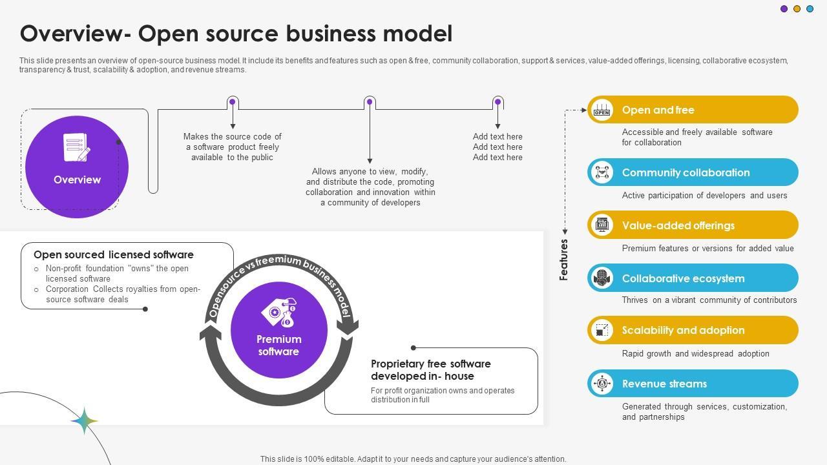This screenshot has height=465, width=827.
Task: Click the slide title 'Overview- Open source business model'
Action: click(x=236, y=34)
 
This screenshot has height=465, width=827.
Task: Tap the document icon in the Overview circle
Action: click(x=76, y=148)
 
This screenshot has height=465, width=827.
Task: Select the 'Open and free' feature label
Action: click(x=658, y=110)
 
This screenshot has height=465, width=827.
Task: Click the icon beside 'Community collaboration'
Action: click(x=602, y=172)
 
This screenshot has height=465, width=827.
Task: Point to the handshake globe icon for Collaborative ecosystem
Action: click(x=602, y=278)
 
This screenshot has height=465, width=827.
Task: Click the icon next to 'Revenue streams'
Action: click(x=602, y=384)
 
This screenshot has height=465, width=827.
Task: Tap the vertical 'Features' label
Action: click(x=564, y=260)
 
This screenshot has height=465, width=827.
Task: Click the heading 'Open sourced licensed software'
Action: click(x=114, y=254)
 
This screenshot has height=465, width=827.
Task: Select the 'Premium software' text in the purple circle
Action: click(x=278, y=346)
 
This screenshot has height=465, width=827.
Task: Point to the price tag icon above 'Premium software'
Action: click(x=279, y=313)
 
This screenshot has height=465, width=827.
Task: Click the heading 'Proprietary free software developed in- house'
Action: click(x=431, y=370)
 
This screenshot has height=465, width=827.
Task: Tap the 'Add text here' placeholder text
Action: click(x=497, y=147)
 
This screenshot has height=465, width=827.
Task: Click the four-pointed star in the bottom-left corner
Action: click(x=84, y=420)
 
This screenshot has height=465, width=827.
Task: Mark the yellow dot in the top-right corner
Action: click(x=797, y=9)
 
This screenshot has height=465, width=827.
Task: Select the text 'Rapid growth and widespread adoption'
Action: click(x=695, y=353)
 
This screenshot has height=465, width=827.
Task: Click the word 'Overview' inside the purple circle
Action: click(x=77, y=180)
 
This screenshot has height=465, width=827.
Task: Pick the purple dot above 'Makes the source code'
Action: click(x=233, y=102)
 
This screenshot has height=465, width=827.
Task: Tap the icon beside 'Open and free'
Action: click(x=602, y=110)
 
